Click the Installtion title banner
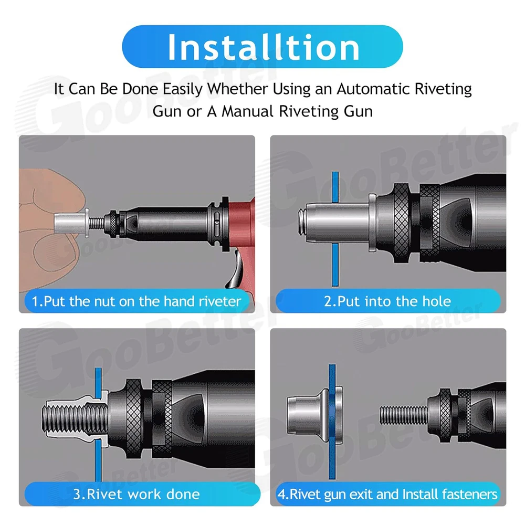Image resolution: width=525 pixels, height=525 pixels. point(262,47)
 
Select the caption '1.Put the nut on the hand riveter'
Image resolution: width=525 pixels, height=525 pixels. point(136,301)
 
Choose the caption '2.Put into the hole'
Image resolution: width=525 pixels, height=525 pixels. point(387,301)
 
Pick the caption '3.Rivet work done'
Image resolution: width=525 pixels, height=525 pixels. point(136,494)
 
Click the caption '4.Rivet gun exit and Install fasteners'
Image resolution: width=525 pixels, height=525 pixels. point(388,494)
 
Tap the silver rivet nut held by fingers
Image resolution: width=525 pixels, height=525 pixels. point(71,222)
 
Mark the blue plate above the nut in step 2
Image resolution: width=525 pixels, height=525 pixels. point(335,186)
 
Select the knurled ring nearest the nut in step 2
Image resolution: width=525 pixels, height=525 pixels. point(402,222)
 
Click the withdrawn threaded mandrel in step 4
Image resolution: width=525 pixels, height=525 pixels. point(404,415)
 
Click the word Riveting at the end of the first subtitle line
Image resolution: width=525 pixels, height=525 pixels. point(443,89)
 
